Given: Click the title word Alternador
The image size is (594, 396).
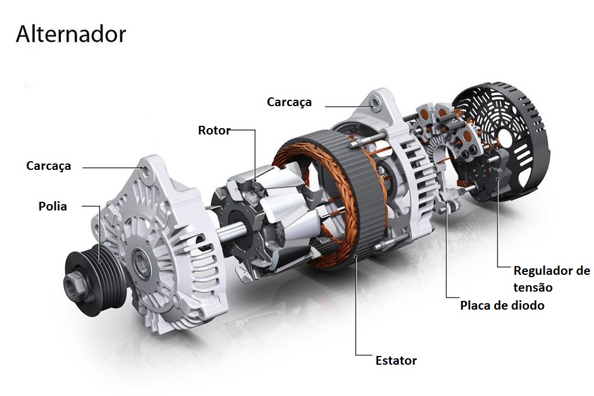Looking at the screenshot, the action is pyautogui.click(x=71, y=34).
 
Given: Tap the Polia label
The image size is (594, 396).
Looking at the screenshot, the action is pyautogui.click(x=53, y=206).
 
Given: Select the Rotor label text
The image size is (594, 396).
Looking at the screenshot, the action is pyautogui.click(x=214, y=130).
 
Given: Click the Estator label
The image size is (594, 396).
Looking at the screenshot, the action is pyautogui.click(x=396, y=361).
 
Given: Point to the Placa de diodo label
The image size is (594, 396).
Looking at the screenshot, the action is pyautogui.click(x=502, y=305).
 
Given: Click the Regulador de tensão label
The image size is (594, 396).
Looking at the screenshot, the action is pyautogui.click(x=552, y=279).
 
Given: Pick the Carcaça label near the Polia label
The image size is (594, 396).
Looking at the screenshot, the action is pyautogui.click(x=49, y=166).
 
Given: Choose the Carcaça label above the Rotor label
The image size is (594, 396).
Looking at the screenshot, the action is pyautogui.click(x=289, y=102).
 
